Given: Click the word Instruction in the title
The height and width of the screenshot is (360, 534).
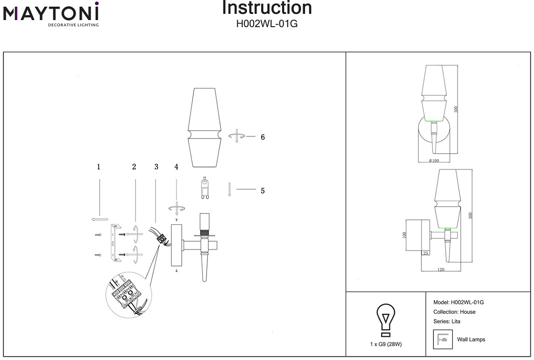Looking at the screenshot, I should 267,8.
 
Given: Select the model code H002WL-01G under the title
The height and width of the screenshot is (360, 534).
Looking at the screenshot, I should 267,24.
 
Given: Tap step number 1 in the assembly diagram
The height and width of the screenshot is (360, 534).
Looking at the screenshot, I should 98,167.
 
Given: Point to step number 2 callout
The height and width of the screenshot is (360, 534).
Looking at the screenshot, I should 134,167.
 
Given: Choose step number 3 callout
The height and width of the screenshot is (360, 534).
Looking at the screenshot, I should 156,167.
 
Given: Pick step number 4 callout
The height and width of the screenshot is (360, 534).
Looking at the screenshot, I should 176,167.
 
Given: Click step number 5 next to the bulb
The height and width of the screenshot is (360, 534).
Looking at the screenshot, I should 263,191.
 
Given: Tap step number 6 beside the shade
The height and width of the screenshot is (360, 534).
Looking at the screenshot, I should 263,138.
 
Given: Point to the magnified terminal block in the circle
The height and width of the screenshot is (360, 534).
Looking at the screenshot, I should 128,295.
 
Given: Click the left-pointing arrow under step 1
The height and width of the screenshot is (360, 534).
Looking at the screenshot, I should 99,219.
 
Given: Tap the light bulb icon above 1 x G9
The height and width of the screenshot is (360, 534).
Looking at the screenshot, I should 386,320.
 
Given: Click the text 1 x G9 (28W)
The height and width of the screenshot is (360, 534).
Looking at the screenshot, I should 386,344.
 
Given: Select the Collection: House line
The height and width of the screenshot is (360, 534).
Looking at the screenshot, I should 454,312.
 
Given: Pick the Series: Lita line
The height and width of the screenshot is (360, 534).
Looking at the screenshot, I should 446,321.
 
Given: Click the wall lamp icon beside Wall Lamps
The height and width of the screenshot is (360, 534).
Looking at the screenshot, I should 442,340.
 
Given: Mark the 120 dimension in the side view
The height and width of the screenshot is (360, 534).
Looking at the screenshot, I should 441,270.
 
